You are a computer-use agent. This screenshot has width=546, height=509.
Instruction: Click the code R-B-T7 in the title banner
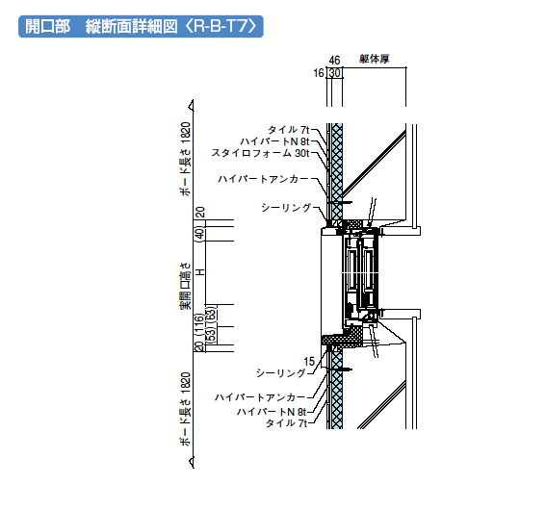221,26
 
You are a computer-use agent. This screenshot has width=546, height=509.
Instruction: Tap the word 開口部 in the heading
48,26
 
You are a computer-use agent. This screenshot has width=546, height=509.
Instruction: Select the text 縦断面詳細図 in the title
131,26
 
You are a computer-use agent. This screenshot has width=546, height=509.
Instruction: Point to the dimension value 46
334,61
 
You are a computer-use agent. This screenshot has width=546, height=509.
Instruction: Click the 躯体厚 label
375,59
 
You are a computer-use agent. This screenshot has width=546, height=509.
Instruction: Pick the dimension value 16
319,73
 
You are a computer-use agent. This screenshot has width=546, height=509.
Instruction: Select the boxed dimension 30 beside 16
335,73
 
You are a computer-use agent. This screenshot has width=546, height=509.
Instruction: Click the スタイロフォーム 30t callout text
260,153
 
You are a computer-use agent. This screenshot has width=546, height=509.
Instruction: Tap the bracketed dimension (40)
199,234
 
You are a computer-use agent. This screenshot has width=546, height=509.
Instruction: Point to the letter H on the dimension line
200,272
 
